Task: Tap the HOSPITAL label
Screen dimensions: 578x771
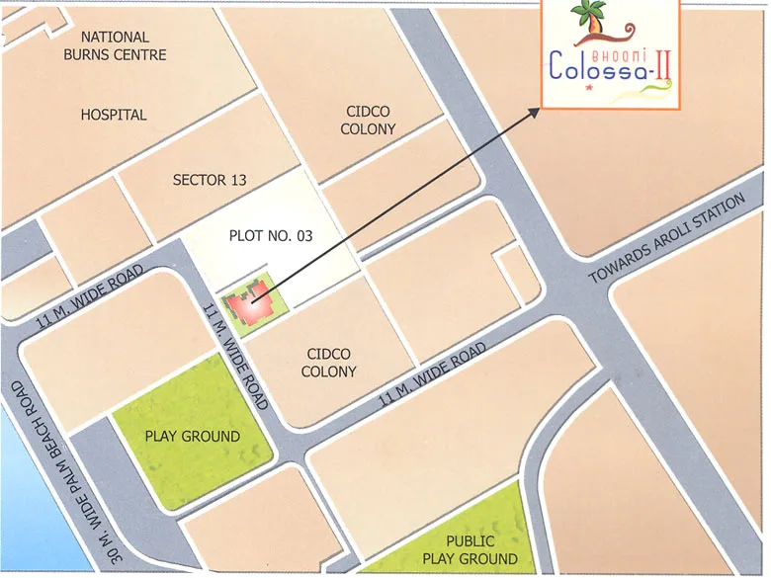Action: [114, 115]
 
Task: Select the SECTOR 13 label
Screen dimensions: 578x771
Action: [210, 181]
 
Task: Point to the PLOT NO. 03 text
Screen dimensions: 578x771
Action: [270, 237]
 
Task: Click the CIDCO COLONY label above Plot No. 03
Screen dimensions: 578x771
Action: [369, 121]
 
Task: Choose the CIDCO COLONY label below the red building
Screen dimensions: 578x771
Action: [329, 363]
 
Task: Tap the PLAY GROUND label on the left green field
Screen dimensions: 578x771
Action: [193, 436]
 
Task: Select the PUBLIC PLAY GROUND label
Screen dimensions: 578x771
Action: [470, 550]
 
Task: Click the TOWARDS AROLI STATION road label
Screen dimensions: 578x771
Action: [667, 239]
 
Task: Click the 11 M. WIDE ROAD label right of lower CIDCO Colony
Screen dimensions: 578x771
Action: [433, 375]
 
